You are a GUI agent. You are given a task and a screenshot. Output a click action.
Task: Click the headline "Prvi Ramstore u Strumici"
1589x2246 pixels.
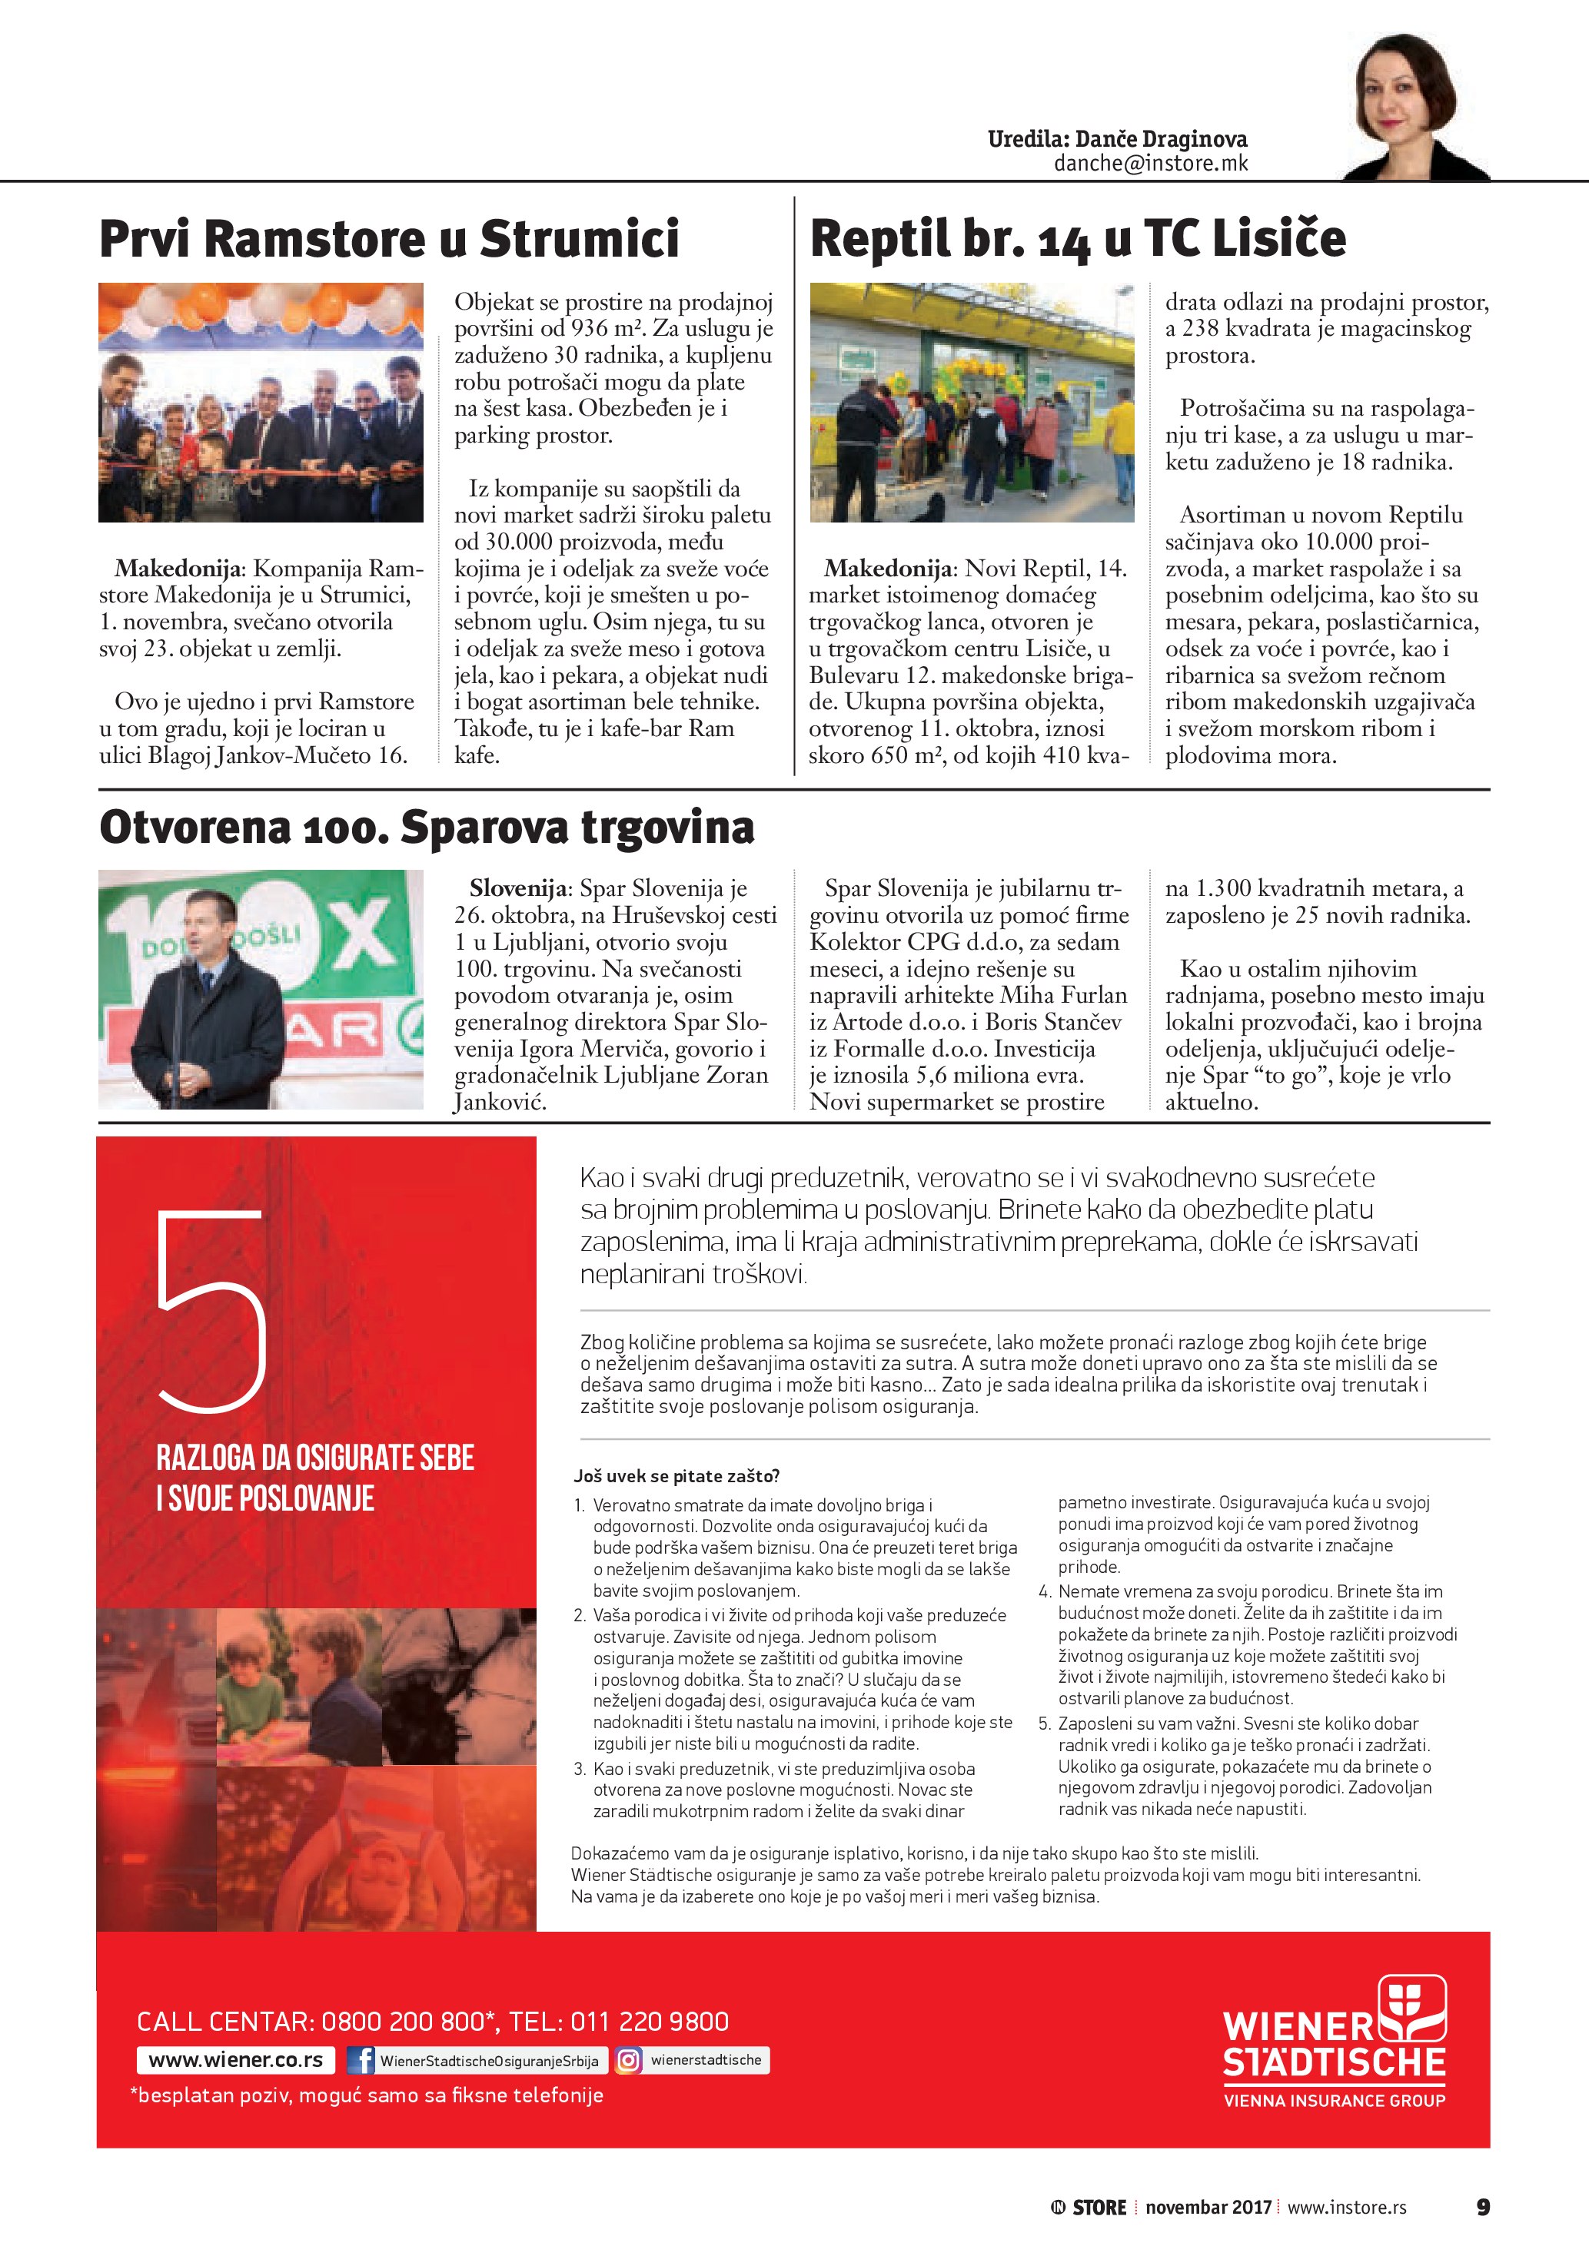(x=390, y=240)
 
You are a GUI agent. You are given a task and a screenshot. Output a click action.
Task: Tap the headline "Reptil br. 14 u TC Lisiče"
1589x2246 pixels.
(x=1077, y=240)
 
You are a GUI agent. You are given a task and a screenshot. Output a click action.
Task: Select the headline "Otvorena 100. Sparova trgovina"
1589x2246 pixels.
(x=427, y=827)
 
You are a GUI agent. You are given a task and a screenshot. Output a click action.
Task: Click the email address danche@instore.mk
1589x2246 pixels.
(x=1150, y=164)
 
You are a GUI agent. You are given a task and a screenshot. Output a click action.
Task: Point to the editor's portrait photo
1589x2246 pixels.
(x=1414, y=108)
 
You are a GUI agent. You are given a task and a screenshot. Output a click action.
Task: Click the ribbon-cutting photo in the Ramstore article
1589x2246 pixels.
(x=261, y=402)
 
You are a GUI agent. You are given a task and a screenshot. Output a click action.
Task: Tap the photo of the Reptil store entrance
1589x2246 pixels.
(x=972, y=402)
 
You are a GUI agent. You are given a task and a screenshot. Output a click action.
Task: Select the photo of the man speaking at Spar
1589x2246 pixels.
(x=261, y=988)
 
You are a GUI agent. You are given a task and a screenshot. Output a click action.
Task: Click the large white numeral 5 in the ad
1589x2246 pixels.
(x=212, y=1311)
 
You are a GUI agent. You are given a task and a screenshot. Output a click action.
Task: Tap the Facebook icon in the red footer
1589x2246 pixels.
(x=361, y=2060)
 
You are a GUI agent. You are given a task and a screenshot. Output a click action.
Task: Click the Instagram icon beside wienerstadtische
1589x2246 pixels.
(x=628, y=2060)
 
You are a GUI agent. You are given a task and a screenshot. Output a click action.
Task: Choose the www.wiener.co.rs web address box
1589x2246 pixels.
(x=236, y=2060)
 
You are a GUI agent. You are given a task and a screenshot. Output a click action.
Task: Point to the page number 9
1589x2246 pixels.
(x=1482, y=2207)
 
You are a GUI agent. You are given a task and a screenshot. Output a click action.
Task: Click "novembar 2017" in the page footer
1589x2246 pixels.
(x=1208, y=2207)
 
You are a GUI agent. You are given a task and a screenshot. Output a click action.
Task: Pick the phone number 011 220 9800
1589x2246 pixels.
(x=649, y=2021)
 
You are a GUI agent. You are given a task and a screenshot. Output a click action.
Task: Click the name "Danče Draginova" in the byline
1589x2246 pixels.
(x=1161, y=139)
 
